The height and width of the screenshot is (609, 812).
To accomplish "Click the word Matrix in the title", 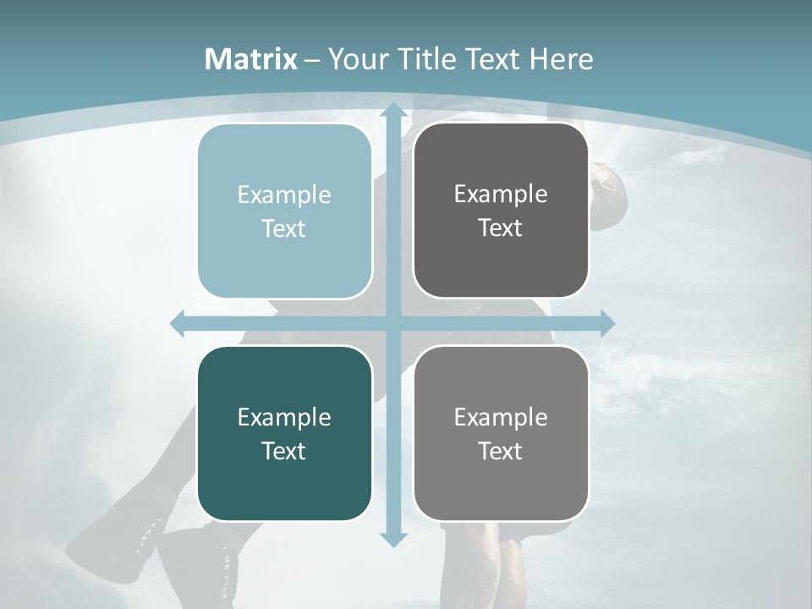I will tap(251, 59).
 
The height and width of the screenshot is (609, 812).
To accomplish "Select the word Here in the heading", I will tap(561, 59).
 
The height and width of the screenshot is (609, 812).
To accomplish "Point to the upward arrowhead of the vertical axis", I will tap(392, 111).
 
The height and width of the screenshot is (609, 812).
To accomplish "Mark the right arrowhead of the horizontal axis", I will tap(606, 323).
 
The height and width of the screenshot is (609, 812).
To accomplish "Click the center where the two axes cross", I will tap(392, 323).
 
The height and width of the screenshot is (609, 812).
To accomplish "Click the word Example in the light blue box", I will tap(284, 195).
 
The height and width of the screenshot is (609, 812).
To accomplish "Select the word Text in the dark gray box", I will tap(501, 228).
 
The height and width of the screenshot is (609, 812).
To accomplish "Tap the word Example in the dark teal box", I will tap(284, 418).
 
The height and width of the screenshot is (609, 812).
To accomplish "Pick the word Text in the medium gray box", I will tap(501, 451).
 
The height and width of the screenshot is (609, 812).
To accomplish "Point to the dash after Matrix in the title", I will tap(312, 60).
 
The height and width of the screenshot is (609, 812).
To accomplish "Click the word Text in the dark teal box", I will tap(284, 451).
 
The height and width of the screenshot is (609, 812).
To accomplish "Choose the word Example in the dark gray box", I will tap(501, 195).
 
